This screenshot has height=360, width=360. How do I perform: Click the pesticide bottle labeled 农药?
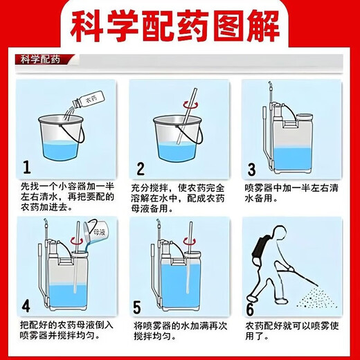pyautogui.click(x=88, y=100)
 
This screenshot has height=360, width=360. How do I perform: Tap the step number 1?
pyautogui.click(x=27, y=167)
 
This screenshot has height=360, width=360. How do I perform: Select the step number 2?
pyautogui.click(x=141, y=169)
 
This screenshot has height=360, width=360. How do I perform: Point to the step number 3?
pyautogui.click(x=251, y=170)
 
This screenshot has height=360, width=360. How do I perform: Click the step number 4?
pyautogui.click(x=26, y=305)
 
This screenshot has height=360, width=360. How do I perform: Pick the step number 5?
pyautogui.click(x=137, y=307)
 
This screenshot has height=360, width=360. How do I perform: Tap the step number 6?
pyautogui.click(x=250, y=309)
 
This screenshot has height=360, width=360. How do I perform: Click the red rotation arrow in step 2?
pyautogui.click(x=190, y=105)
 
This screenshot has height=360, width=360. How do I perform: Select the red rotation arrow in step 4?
pyautogui.click(x=77, y=241)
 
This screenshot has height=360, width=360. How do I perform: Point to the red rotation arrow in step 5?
pyautogui.click(x=190, y=241)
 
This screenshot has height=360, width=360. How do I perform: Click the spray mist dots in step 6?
pyautogui.click(x=317, y=298)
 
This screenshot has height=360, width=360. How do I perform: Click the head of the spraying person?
pyautogui.click(x=279, y=231)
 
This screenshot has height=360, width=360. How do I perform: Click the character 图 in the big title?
pyautogui.click(x=228, y=26)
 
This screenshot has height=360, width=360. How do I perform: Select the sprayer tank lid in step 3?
pyautogui.click(x=305, y=118)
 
